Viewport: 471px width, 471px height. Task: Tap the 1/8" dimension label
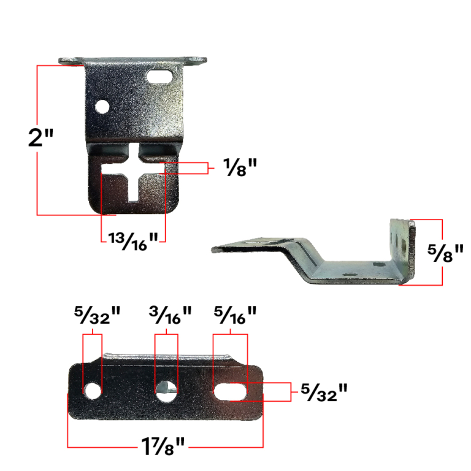pos(233,168)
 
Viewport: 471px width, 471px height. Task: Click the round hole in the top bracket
pos(102,107)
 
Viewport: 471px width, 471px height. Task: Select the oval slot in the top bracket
pos(162,77)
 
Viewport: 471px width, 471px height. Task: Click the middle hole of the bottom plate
pos(166,389)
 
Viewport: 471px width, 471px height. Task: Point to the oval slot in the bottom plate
pos(230,391)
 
